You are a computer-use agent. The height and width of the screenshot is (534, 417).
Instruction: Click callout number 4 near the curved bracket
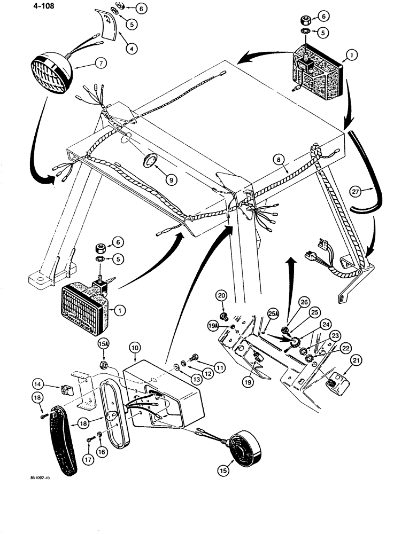(x=130, y=47)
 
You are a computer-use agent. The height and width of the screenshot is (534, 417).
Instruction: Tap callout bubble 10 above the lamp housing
(x=134, y=348)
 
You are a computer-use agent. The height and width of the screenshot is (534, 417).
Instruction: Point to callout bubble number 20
(x=222, y=295)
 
